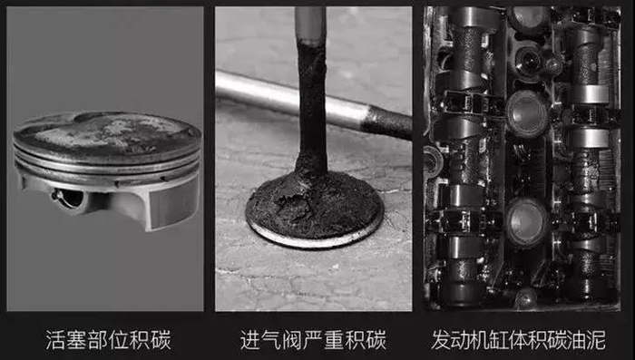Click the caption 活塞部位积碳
[x=108, y=340]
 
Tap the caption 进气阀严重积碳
[x=313, y=340]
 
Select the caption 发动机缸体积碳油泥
[x=518, y=340]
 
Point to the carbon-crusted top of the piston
[x=106, y=131]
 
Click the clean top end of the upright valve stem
[x=310, y=24]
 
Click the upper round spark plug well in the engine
[x=525, y=113]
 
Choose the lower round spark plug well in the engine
[x=525, y=222]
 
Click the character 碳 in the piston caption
[x=161, y=340]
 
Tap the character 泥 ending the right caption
[x=596, y=340]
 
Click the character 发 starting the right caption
[x=441, y=340]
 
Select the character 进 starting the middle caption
[x=250, y=340]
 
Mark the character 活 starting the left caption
[x=55, y=340]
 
